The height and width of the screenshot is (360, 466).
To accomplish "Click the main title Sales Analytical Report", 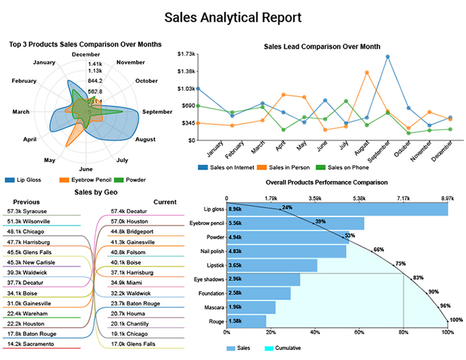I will click(232, 17).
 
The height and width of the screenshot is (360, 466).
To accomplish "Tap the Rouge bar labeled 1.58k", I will click(246, 321).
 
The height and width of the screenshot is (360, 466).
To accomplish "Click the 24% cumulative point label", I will click(287, 207).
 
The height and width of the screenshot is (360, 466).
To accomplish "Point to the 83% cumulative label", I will click(418, 277).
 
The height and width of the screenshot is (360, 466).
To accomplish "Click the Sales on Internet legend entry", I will click(224, 167).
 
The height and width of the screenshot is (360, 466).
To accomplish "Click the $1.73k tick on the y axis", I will click(186, 55).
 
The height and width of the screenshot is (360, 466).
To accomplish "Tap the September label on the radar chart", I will click(157, 112).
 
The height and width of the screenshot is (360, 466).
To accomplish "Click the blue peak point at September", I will click(388, 57).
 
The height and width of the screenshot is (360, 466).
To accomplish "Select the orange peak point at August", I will click(367, 72).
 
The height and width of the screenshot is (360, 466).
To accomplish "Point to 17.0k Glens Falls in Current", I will click(133, 343).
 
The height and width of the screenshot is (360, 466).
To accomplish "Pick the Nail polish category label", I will click(209, 251).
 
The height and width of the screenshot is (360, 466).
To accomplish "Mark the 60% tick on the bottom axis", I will click(359, 333).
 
